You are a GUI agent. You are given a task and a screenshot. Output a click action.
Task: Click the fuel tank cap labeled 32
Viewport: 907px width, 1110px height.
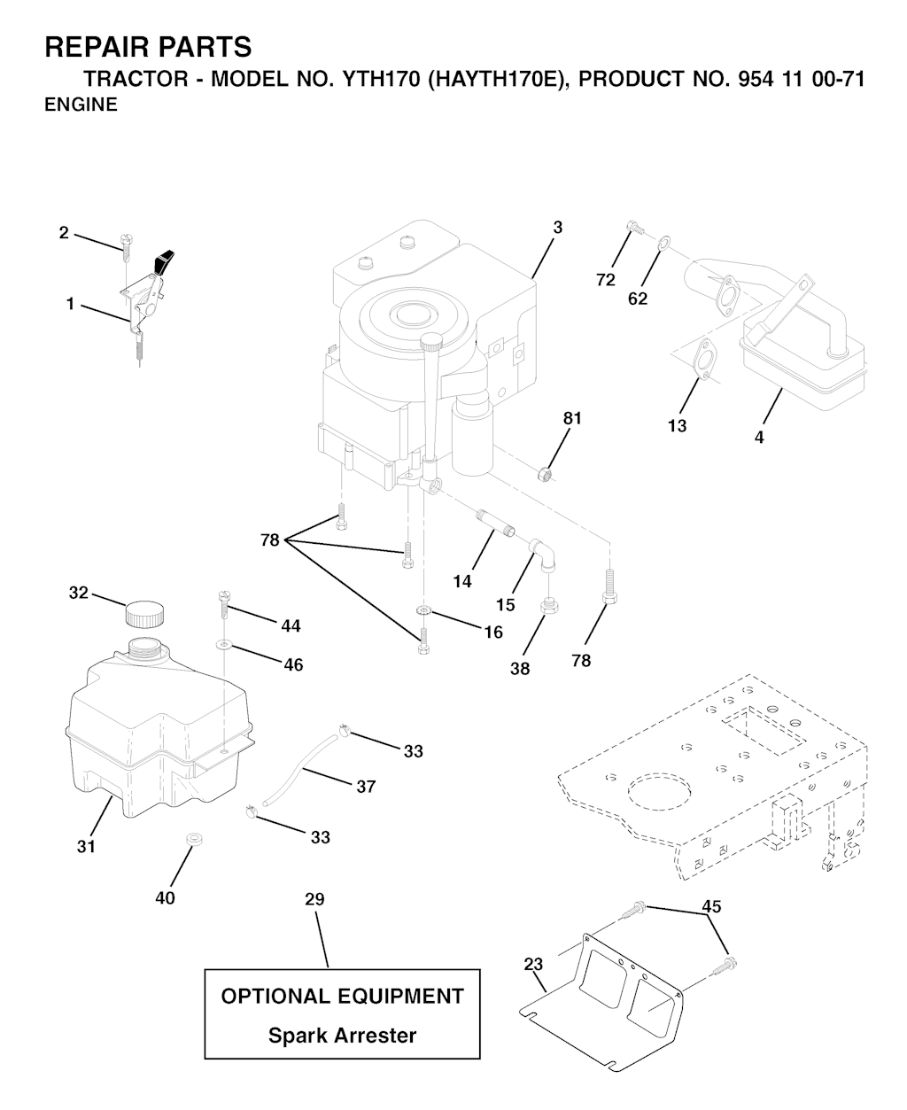(144, 613)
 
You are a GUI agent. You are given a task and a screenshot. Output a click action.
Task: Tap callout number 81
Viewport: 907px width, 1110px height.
(573, 418)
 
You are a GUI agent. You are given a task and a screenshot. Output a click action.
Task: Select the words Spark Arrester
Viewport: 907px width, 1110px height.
(342, 1035)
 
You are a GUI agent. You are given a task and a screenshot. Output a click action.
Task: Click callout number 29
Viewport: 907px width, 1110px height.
(314, 899)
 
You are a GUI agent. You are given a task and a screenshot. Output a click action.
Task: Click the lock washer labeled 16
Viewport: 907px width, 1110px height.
(423, 610)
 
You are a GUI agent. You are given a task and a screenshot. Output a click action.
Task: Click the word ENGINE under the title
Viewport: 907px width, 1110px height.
(81, 105)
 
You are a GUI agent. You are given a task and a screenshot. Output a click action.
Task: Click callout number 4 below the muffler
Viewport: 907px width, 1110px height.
(759, 437)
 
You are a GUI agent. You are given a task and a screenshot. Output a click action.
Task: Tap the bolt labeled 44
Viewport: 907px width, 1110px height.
(222, 607)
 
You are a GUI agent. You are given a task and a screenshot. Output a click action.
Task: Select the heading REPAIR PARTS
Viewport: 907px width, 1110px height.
(147, 47)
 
